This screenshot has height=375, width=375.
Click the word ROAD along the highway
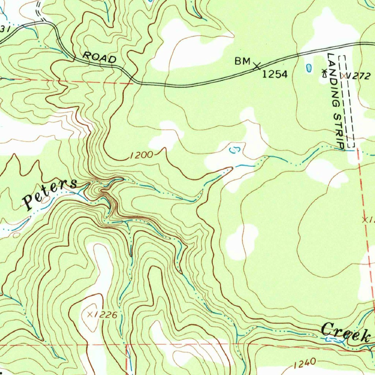[100, 57]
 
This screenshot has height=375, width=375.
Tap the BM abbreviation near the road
[242, 62]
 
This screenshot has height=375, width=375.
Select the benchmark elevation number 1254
[275, 75]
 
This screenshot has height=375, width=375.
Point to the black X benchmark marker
[257, 66]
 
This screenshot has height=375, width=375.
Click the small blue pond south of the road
[309, 67]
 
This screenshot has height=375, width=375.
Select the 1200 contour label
[141, 155]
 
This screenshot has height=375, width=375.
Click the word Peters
[50, 193]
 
